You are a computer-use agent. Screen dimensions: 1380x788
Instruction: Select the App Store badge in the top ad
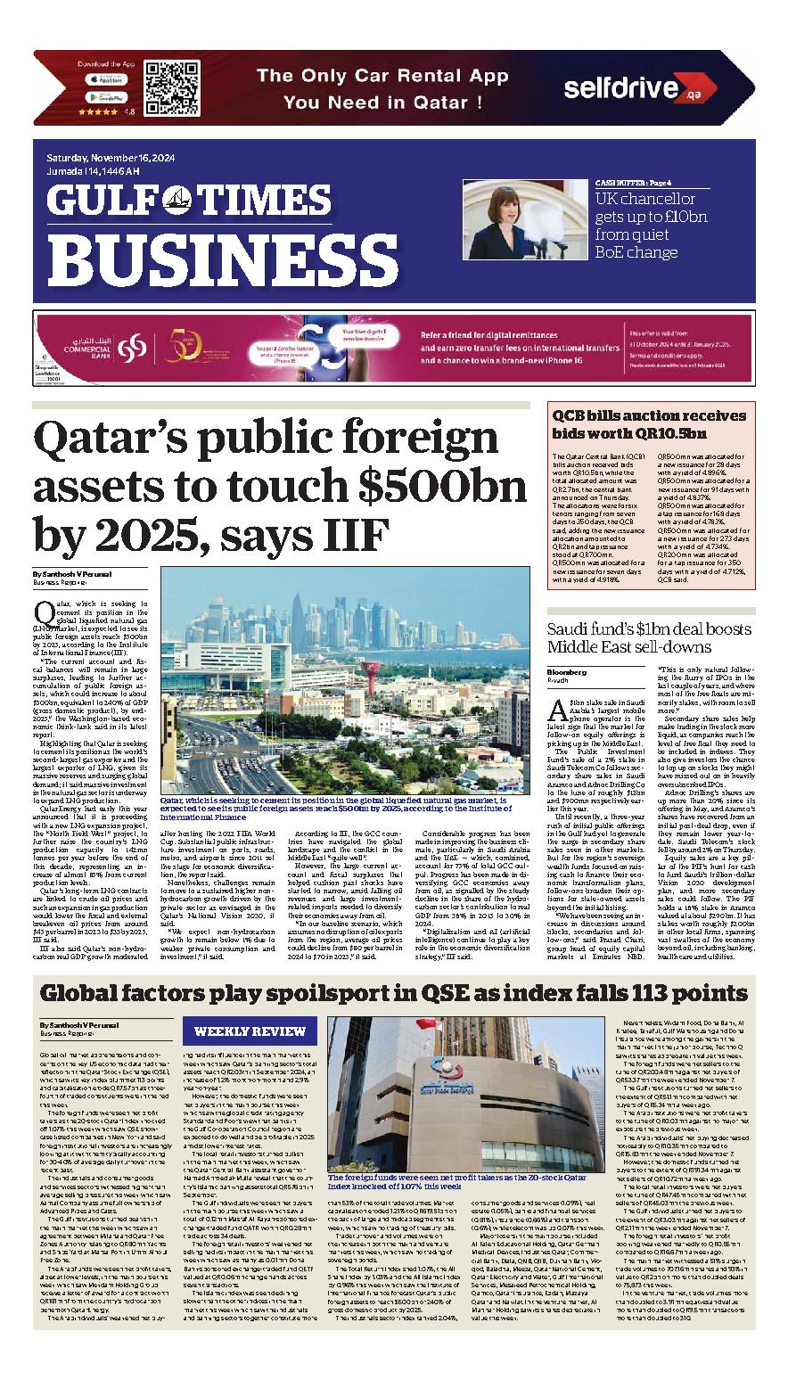click(x=105, y=78)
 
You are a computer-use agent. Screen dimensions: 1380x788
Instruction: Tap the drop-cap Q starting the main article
click(x=42, y=612)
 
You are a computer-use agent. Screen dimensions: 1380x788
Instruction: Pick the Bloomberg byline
click(x=566, y=671)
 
